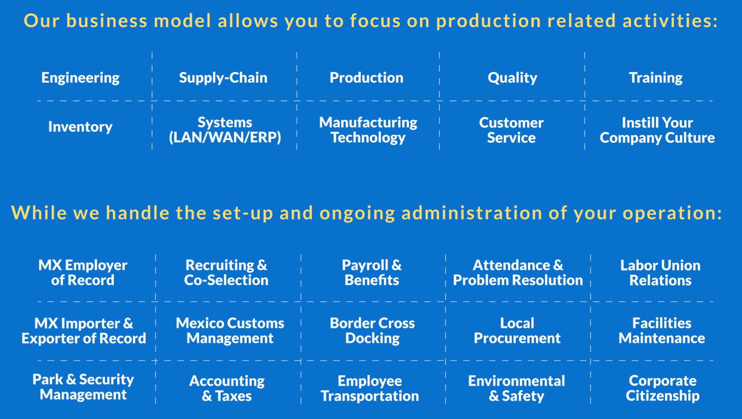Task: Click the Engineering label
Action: pos(80,78)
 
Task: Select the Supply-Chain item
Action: pos(223,78)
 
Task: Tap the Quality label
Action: pos(512,78)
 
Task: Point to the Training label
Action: pos(655,78)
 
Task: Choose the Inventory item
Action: pos(80,127)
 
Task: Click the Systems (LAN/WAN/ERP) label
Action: pos(225,130)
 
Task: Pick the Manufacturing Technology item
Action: pos(368,130)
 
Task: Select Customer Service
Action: pos(511,130)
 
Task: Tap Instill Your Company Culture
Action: pos(657,130)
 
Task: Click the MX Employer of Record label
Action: pos(83,272)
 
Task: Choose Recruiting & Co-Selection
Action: pos(226,272)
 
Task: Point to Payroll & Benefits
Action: pos(371,272)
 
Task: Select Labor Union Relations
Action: pos(660,272)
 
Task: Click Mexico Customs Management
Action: pos(230,330)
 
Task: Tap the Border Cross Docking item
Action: pos(372,330)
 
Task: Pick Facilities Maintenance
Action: pos(662,330)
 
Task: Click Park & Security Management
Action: pos(83,387)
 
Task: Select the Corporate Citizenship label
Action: pos(662,388)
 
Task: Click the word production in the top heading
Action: pos(488,21)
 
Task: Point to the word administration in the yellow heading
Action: pos(472,213)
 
